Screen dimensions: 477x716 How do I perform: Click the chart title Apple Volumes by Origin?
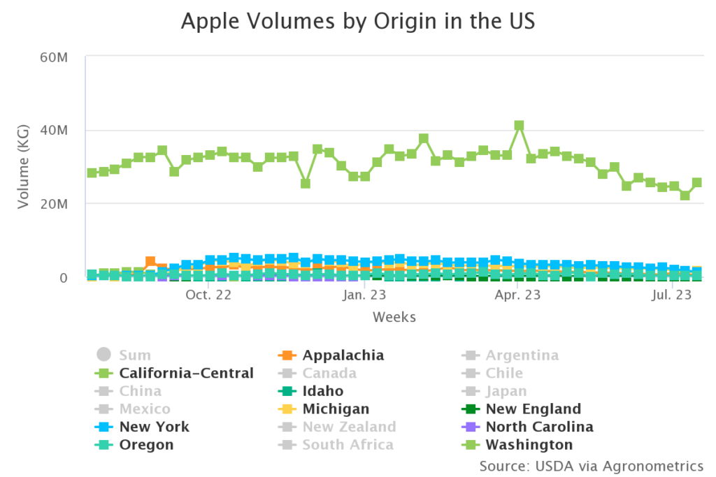click(x=357, y=22)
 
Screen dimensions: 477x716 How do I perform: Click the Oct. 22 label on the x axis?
click(x=208, y=295)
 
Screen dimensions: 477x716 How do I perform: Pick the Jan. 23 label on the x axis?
click(x=364, y=295)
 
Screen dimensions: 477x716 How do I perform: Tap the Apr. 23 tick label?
click(x=517, y=295)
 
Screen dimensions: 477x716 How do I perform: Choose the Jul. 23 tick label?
click(x=671, y=295)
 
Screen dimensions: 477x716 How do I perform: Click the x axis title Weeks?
click(x=394, y=317)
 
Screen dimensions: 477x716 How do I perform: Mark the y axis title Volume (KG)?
click(x=23, y=167)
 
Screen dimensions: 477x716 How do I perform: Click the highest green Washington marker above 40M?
click(x=519, y=126)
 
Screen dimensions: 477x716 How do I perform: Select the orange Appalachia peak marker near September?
click(x=150, y=262)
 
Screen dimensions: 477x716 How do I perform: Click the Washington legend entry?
click(x=529, y=445)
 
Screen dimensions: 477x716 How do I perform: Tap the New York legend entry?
click(x=154, y=427)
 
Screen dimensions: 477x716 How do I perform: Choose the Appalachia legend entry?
click(x=343, y=355)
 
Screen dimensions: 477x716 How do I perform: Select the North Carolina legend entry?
click(x=539, y=427)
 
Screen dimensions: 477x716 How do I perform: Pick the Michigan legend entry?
click(x=336, y=409)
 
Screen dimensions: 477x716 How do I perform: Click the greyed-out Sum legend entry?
click(x=134, y=355)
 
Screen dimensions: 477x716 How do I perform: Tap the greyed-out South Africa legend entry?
click(x=348, y=445)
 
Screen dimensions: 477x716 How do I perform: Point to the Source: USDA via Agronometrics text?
click(x=591, y=466)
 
